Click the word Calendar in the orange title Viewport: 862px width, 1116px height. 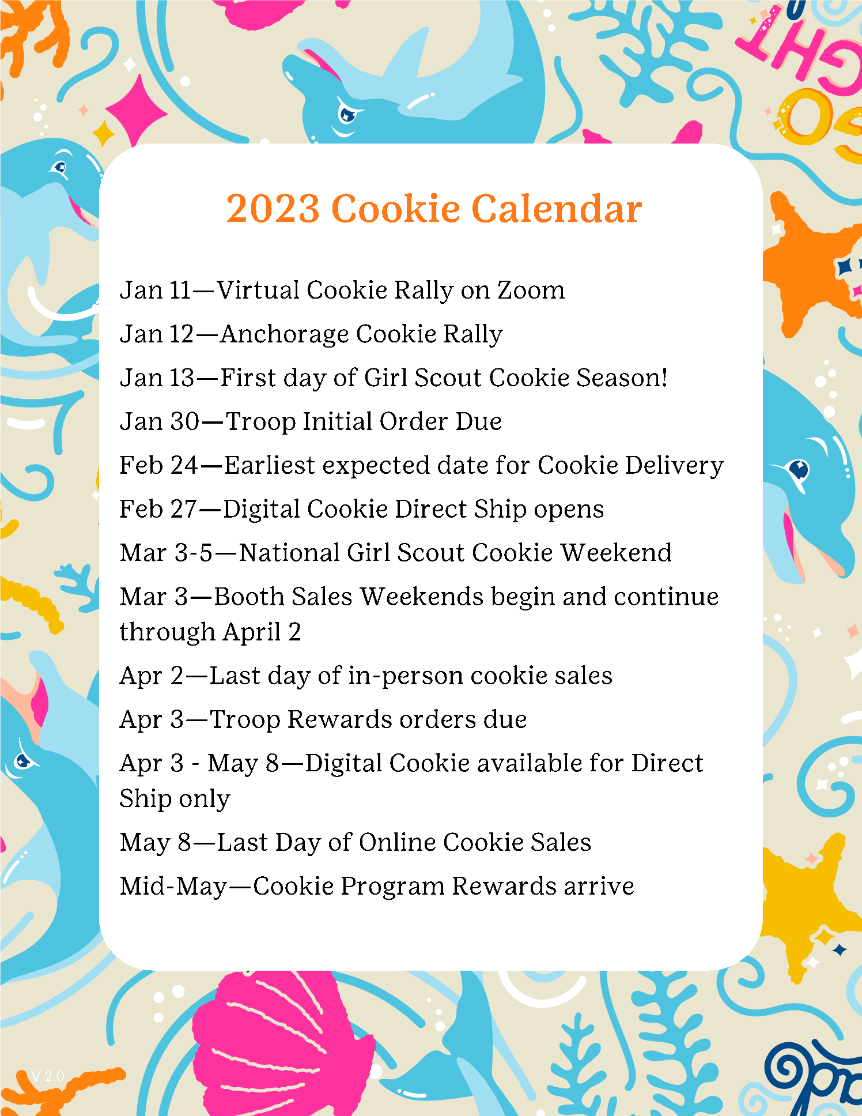(x=557, y=208)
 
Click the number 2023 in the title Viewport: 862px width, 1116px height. (x=273, y=208)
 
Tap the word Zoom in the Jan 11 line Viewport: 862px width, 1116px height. (x=531, y=290)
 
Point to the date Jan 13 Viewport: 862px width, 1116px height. (x=157, y=378)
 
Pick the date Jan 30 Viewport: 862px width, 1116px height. (x=160, y=421)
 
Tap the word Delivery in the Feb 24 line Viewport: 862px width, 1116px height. (x=675, y=466)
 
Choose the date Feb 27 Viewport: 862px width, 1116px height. (x=158, y=510)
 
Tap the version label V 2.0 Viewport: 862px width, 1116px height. (x=47, y=1076)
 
